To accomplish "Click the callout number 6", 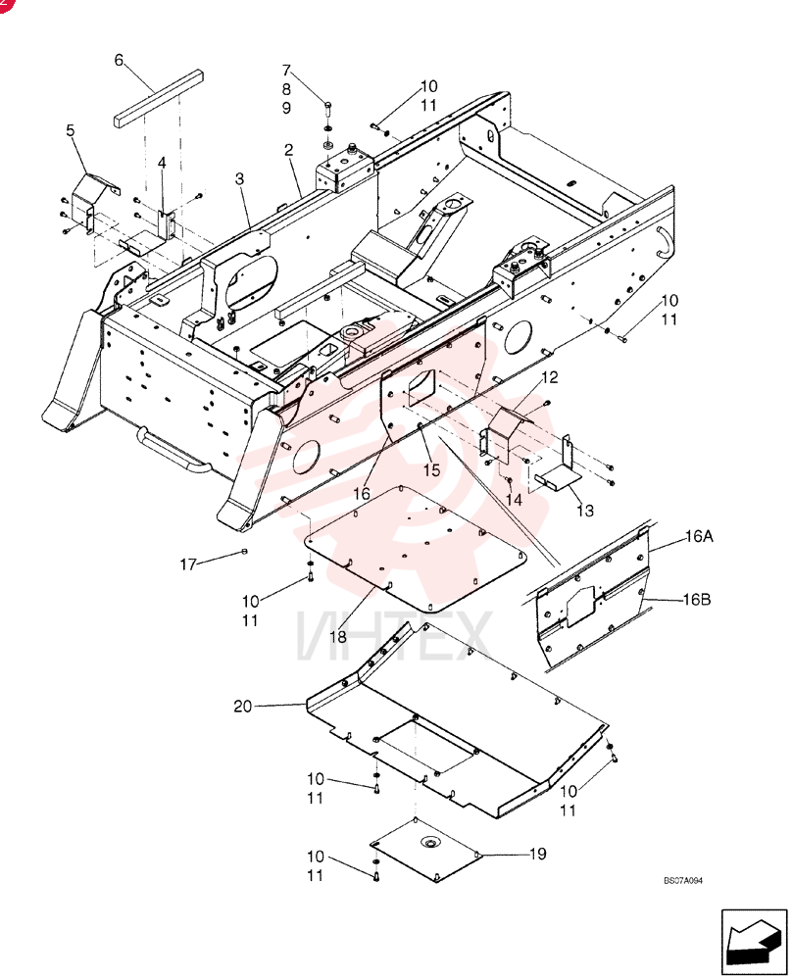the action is (x=119, y=60).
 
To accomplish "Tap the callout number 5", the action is (x=70, y=130).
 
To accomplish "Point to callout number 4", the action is (x=162, y=163).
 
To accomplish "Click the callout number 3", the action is (x=239, y=178).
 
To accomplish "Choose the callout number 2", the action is (x=288, y=150).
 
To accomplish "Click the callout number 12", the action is (x=550, y=377).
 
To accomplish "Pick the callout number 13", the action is (x=584, y=511).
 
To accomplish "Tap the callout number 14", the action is (x=514, y=500).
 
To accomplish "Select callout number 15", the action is (x=432, y=470).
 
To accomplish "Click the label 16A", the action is (x=699, y=536).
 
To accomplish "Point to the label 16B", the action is (x=697, y=600).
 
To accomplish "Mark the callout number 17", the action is (x=188, y=564).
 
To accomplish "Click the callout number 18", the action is (x=338, y=637).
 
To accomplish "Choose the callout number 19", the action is (x=537, y=854).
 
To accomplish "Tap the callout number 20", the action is (x=242, y=707).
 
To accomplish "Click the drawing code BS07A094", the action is (x=683, y=881).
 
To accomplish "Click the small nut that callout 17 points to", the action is (x=244, y=551).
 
